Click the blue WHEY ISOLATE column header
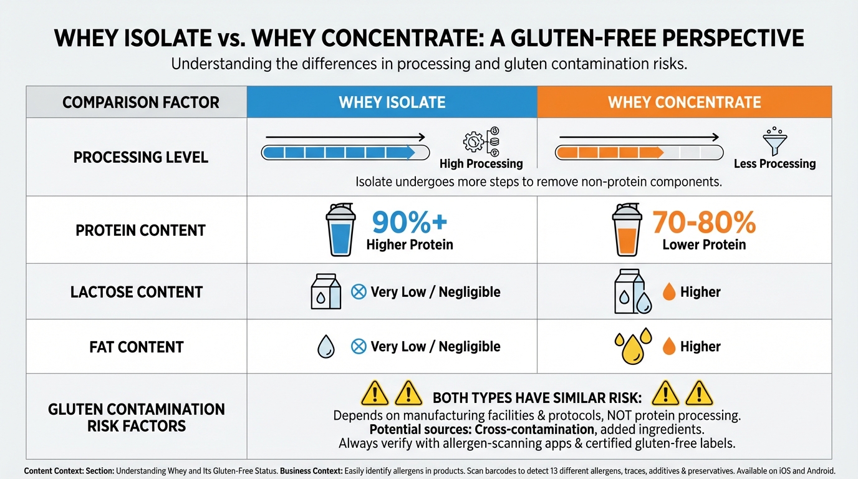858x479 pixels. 392,102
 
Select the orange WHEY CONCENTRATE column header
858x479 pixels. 684,102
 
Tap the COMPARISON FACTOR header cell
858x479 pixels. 141,102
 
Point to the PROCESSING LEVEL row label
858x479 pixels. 141,157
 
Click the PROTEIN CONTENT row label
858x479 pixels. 140,230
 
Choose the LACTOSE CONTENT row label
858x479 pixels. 137,292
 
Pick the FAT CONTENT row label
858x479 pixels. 137,347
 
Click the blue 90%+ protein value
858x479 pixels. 409,222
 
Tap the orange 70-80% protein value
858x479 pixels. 704,222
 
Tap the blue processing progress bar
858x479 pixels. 345,152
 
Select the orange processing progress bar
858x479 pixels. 639,152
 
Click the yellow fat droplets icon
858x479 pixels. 633,346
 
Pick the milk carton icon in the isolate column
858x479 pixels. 326,293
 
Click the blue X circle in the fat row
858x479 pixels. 359,347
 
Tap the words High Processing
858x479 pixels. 481,164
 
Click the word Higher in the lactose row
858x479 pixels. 700,292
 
